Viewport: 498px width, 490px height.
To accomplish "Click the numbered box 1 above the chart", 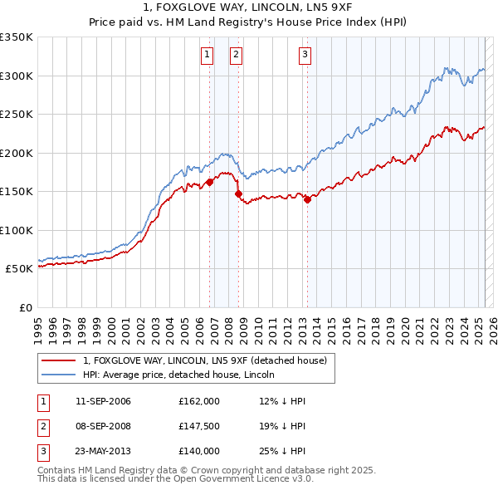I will click(207, 55).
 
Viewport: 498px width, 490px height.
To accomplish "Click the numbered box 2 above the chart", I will click(236, 55).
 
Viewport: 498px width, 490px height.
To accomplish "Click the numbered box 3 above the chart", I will click(305, 55).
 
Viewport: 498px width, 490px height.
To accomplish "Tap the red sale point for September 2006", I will click(209, 183).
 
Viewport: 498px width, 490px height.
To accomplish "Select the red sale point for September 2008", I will click(239, 194).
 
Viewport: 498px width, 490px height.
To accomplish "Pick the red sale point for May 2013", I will click(307, 199).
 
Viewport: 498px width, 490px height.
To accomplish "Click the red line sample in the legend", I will click(57, 360).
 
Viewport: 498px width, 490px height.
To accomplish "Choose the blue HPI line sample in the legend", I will click(57, 375).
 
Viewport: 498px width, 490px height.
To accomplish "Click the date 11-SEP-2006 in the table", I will click(103, 401).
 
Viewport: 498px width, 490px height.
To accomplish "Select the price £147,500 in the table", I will click(198, 426).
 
